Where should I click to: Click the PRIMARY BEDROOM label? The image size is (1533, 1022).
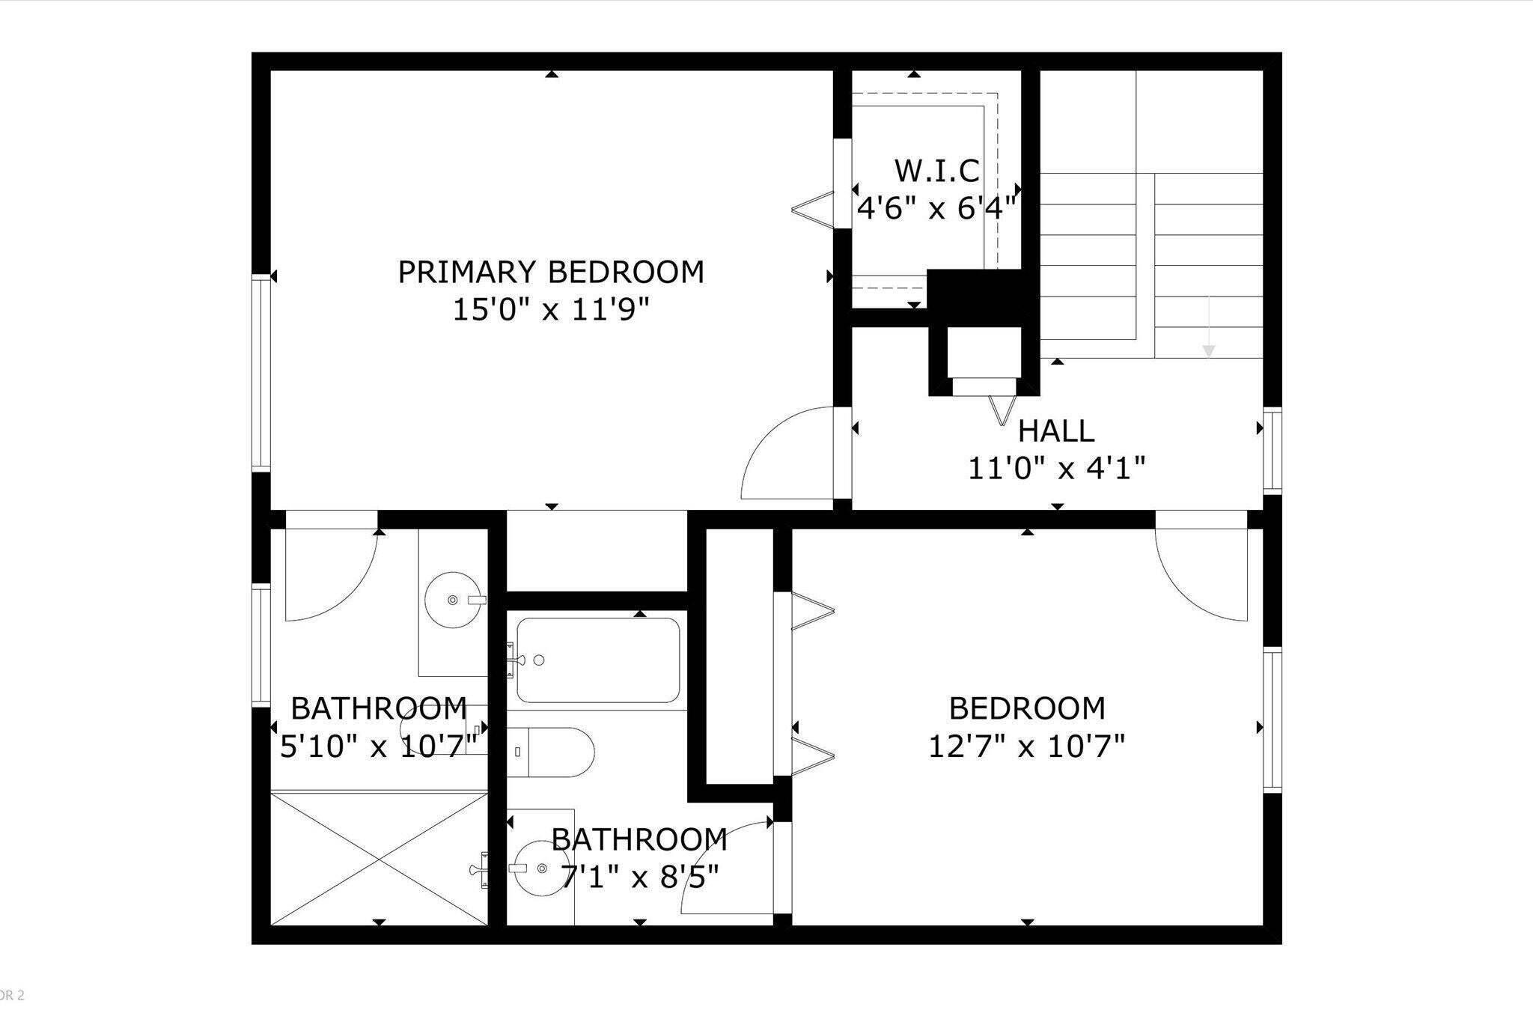(551, 272)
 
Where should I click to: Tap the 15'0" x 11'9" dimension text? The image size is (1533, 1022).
(551, 309)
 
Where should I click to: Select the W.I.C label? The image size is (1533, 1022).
(937, 171)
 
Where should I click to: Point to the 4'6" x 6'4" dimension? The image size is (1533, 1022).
(937, 208)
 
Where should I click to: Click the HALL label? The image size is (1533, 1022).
(1056, 431)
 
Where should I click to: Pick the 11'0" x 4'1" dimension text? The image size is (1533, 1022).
(1056, 469)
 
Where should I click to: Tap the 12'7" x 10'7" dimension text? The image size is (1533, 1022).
(1027, 746)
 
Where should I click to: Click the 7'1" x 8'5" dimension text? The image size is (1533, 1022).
(639, 876)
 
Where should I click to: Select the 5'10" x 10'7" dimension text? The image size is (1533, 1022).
(379, 746)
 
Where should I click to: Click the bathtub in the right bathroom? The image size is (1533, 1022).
(598, 660)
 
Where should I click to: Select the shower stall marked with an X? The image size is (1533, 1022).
(379, 858)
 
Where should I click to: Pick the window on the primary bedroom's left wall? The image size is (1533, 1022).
(260, 372)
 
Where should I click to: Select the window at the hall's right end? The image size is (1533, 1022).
(1273, 450)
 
